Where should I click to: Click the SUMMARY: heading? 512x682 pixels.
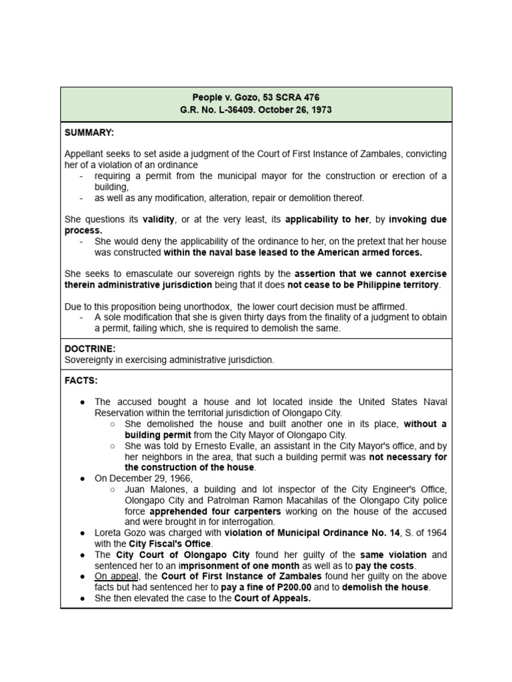(89, 133)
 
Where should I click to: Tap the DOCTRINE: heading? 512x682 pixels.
(90, 349)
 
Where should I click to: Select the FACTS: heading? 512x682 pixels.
(81, 380)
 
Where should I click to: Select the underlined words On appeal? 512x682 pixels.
(113, 576)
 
